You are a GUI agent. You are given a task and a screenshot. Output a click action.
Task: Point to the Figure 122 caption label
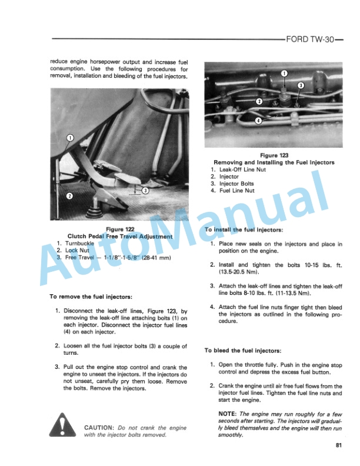120,229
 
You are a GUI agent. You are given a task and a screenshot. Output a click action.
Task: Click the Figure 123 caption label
273,155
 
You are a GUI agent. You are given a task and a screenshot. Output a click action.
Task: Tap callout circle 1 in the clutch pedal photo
69,138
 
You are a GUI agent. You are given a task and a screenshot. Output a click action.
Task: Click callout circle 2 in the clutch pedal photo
69,196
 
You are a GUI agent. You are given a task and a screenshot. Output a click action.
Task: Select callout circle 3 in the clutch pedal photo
145,190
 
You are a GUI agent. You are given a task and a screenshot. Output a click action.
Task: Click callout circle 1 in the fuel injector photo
284,74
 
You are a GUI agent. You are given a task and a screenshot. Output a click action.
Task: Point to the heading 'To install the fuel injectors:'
244,229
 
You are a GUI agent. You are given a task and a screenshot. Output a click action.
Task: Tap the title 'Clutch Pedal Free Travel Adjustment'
120,236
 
